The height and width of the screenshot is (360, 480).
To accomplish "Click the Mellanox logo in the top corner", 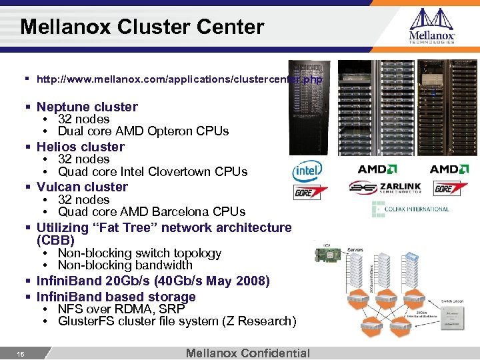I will pyautogui.click(x=431, y=26).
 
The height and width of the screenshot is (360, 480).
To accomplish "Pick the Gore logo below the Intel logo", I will pyautogui.click(x=311, y=192).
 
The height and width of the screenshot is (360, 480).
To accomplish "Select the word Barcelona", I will pyautogui.click(x=180, y=212).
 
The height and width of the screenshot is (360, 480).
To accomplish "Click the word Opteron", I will pyautogui.click(x=169, y=131).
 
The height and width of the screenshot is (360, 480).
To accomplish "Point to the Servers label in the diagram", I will pyautogui.click(x=355, y=249).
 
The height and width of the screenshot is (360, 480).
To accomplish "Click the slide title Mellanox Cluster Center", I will pyautogui.click(x=142, y=27).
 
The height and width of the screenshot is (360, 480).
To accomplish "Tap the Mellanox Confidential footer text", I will pyautogui.click(x=248, y=353).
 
